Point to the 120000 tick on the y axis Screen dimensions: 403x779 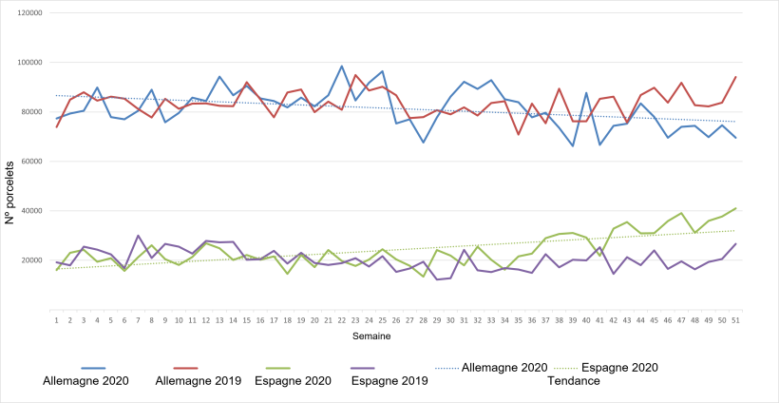[x=36, y=14]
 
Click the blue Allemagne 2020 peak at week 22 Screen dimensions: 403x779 [x=342, y=67]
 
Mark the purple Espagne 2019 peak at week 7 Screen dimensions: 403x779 [x=139, y=236]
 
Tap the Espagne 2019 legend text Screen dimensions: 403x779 [x=390, y=380]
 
